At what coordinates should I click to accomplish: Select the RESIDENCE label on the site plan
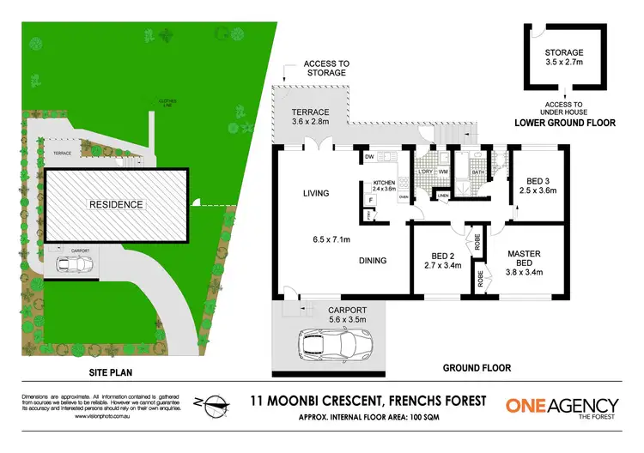pos(114,205)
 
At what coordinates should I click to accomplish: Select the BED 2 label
pos(439,253)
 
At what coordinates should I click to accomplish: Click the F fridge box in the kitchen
pos(370,201)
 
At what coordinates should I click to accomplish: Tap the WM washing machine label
pos(443,172)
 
